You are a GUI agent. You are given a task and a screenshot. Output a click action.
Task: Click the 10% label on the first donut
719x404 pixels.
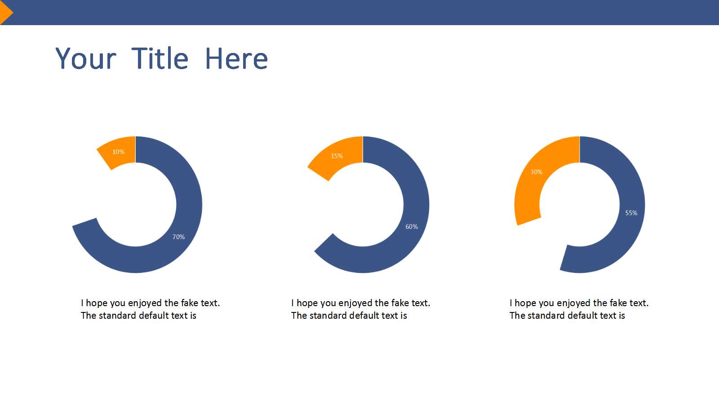pyautogui.click(x=119, y=152)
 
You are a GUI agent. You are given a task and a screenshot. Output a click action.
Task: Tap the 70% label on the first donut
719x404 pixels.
pyautogui.click(x=178, y=237)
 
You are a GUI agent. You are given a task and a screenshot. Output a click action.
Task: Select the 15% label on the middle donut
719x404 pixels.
pyautogui.click(x=337, y=156)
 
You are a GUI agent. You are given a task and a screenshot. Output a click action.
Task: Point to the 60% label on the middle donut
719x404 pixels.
pyautogui.click(x=412, y=227)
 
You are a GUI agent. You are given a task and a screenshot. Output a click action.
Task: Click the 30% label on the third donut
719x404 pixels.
pyautogui.click(x=537, y=172)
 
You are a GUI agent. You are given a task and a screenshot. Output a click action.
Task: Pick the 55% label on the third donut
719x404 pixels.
pyautogui.click(x=631, y=213)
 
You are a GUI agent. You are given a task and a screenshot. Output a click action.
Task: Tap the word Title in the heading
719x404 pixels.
pyautogui.click(x=160, y=58)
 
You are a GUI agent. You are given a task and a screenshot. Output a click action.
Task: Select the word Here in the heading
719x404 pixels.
pyautogui.click(x=236, y=58)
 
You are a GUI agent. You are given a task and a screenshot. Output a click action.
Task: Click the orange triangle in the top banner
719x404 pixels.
pyautogui.click(x=5, y=13)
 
